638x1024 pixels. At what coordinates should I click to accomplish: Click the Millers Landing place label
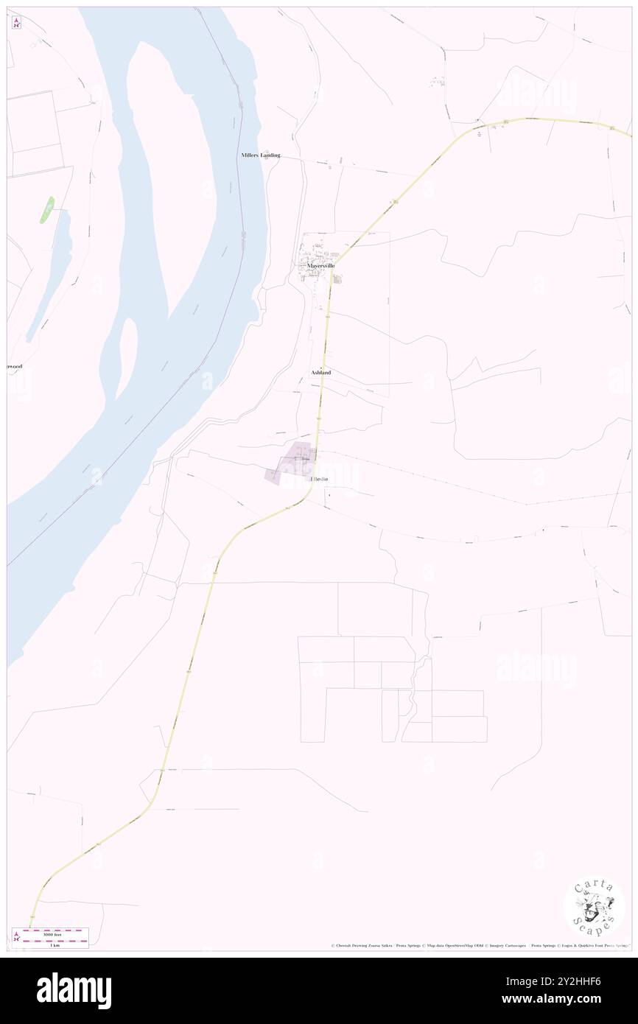tap(261, 155)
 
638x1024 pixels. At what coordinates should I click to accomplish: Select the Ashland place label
tap(321, 373)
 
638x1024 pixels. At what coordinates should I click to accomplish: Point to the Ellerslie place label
tap(319, 480)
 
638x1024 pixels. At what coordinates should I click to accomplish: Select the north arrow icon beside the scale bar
tap(16, 938)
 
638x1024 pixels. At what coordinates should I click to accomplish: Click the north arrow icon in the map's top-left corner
tap(16, 23)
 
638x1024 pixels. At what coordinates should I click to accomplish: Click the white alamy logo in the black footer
tap(74, 991)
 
